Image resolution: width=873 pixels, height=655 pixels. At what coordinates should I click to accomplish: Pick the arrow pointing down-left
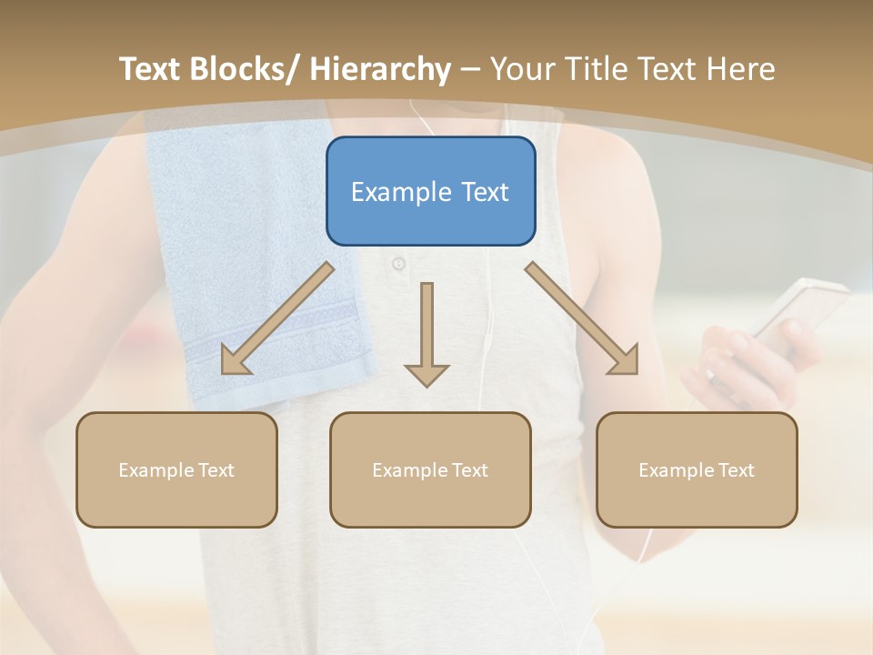click(x=277, y=319)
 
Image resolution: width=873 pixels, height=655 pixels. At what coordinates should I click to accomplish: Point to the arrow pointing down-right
click(x=582, y=318)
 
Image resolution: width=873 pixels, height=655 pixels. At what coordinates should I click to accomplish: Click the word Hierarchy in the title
click(x=379, y=69)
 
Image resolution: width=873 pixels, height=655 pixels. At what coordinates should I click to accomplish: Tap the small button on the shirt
click(x=398, y=264)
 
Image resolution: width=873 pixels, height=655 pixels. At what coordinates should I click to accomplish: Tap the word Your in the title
click(x=520, y=69)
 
